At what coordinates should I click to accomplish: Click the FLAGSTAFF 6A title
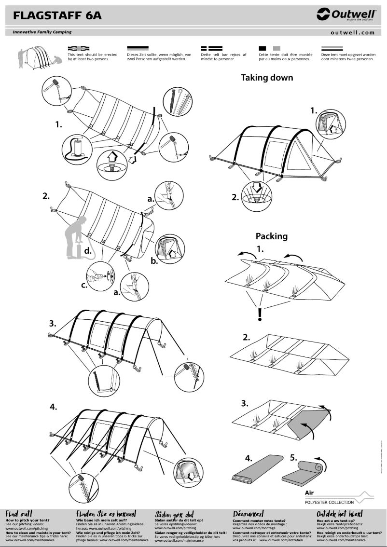pyautogui.click(x=57, y=16)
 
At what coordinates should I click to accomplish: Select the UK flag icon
pyautogui.click(x=79, y=48)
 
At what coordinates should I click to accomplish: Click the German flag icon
pyautogui.click(x=137, y=48)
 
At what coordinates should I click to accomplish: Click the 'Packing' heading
pyautogui.click(x=271, y=236)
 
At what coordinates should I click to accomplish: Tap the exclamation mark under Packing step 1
pyautogui.click(x=260, y=315)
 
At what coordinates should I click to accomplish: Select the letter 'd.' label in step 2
pyautogui.click(x=87, y=251)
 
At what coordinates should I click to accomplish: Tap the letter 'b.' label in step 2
pyautogui.click(x=154, y=261)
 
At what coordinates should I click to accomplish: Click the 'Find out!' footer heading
pyautogui.click(x=19, y=514)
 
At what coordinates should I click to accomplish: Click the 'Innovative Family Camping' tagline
pyautogui.click(x=39, y=32)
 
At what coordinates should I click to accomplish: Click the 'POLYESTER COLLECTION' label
pyautogui.click(x=329, y=502)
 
